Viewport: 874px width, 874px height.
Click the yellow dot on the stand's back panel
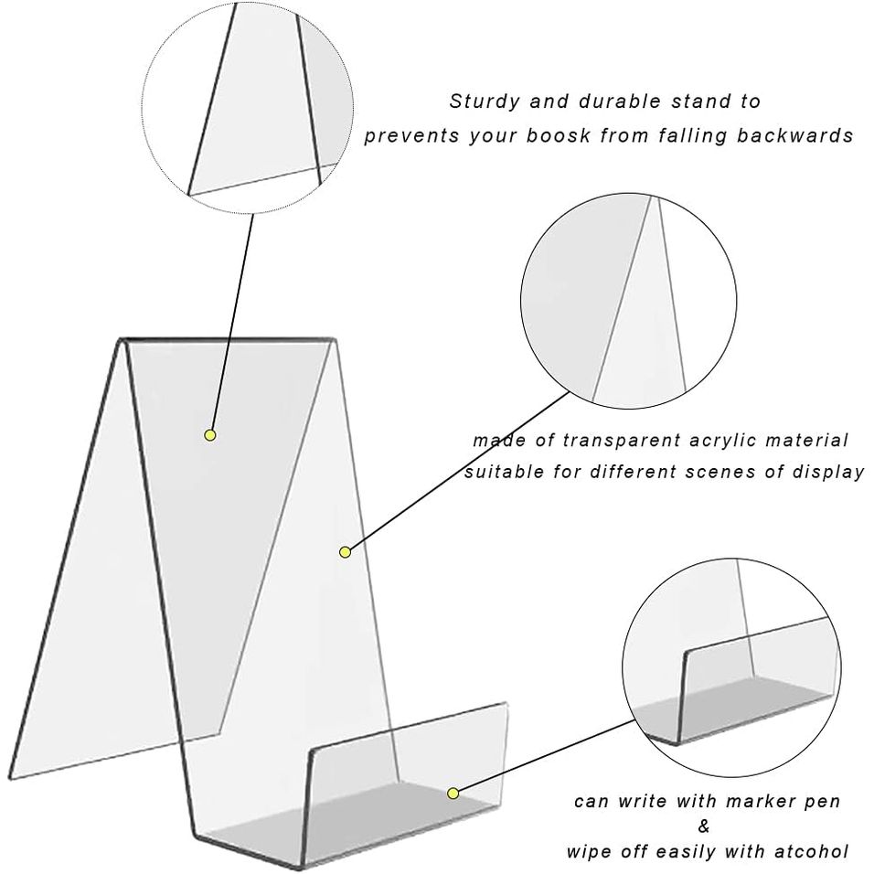pos(210,435)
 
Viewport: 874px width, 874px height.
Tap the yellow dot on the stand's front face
pos(346,551)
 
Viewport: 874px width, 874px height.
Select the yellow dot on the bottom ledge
pos(453,793)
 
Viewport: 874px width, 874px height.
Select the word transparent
pos(617,441)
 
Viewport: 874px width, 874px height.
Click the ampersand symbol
pos(702,827)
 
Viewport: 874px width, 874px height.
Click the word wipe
pos(589,852)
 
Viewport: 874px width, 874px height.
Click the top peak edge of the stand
pos(229,340)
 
